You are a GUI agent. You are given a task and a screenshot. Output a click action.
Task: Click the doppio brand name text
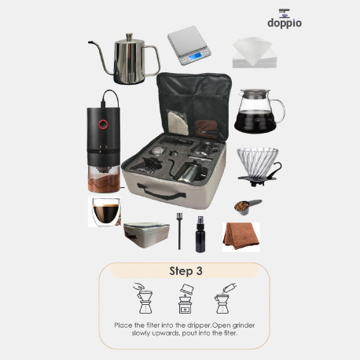pos(285,23)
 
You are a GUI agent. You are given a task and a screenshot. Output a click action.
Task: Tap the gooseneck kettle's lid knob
pos(130,37)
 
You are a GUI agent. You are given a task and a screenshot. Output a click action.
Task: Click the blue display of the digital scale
pos(196,56)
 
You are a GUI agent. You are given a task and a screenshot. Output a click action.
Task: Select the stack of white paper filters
pos(254,53)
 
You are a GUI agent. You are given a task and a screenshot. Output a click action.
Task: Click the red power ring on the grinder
pos(103,124)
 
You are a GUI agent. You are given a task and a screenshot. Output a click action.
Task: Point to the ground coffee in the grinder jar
pos(104,183)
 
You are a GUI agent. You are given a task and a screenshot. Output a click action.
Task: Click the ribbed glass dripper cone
pos(257,162)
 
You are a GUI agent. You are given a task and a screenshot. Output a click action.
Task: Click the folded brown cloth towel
pos(241,236)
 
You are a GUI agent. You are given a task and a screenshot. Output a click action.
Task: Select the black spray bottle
pos(200,234)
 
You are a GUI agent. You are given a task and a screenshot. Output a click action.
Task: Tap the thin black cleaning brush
pos(179,231)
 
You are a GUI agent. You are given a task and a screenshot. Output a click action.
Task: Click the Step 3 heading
pos(186,271)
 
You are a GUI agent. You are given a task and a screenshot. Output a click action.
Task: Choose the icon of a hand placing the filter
pos(144,299)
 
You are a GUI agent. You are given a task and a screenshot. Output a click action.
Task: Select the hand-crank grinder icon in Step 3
pos(186,299)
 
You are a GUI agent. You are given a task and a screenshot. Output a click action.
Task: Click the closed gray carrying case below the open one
pos(146,235)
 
